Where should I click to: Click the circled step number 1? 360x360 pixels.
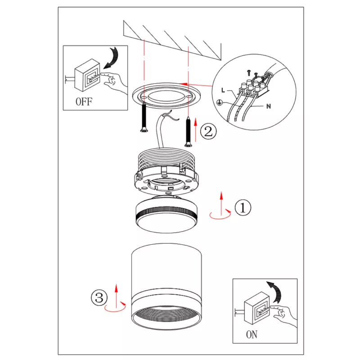243,207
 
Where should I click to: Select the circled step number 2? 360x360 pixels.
208,131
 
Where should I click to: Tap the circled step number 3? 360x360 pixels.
99,298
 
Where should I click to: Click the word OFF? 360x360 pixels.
84,102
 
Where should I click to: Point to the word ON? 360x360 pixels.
252,334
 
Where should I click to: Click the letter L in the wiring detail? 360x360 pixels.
223,90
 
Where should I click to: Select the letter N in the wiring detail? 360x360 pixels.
269,106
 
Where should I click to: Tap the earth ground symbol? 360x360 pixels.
220,103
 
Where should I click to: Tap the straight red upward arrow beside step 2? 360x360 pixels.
196,130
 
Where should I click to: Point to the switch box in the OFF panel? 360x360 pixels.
87,75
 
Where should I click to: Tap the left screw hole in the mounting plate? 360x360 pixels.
144,98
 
